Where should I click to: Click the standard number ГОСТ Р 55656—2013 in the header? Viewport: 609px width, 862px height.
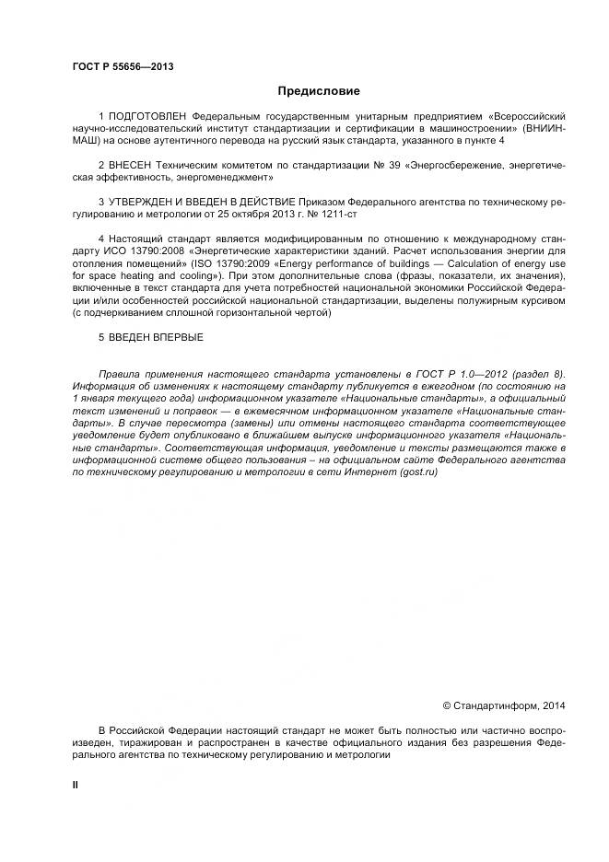coord(123,67)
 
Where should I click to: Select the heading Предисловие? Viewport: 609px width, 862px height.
coord(319,91)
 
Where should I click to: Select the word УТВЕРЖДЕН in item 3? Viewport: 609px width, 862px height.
coord(144,200)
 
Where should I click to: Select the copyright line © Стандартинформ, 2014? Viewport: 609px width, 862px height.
coord(504,705)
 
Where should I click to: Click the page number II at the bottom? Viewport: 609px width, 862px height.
coord(76,783)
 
